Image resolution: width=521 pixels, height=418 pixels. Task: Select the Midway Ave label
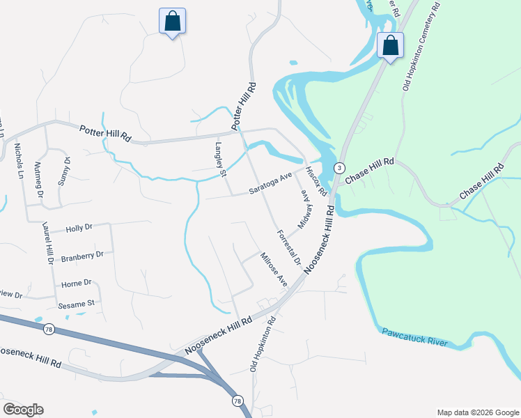(x=303, y=210)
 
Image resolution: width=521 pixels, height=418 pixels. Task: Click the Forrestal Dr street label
(x=288, y=248)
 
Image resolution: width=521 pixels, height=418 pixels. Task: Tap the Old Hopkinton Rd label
(x=263, y=343)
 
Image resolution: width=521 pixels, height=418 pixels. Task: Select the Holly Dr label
(x=79, y=228)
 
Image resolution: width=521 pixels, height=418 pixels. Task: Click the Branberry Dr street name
(x=82, y=256)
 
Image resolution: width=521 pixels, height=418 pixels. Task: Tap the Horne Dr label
(x=77, y=283)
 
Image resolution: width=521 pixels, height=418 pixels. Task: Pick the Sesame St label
(x=77, y=304)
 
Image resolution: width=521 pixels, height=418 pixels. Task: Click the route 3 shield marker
(x=339, y=168)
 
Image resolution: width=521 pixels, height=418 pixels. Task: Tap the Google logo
(x=23, y=410)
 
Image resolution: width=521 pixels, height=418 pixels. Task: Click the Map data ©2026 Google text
(x=478, y=412)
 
